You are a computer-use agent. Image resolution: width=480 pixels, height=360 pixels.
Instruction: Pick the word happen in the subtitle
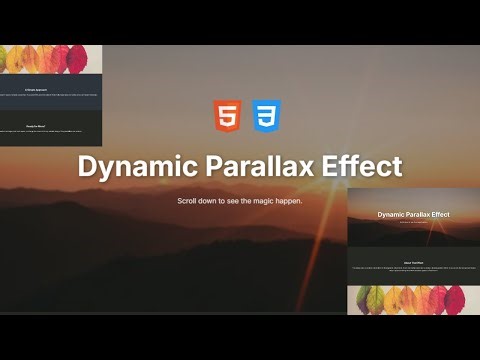[x=285, y=201]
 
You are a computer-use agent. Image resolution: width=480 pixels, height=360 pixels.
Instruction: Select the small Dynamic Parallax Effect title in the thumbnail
[x=413, y=214]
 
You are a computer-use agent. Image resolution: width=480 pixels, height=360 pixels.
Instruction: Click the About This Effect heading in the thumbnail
[x=413, y=260]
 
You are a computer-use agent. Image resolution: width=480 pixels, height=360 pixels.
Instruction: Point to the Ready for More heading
[x=51, y=127]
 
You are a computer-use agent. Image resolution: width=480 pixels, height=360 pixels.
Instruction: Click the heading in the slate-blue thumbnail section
[x=51, y=90]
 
